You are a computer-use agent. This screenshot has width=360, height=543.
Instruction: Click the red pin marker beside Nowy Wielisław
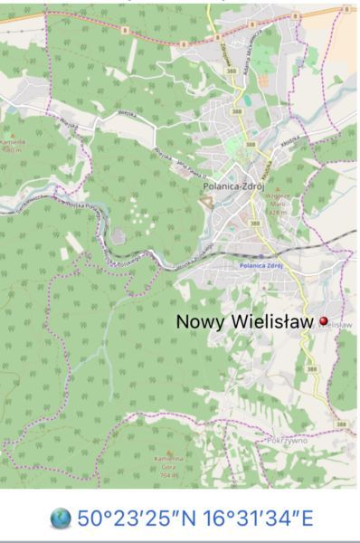tap(323, 321)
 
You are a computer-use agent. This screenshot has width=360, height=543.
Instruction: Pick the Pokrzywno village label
tap(288, 440)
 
